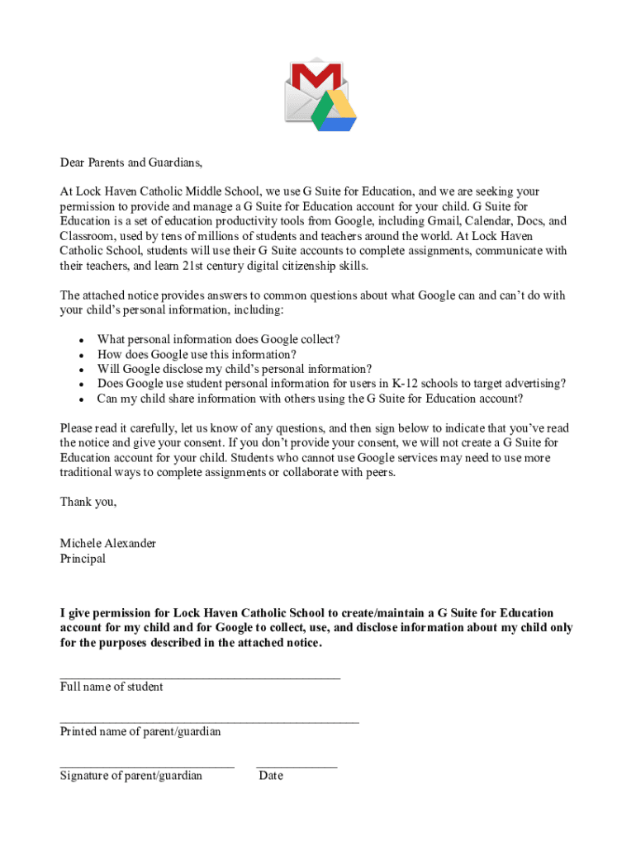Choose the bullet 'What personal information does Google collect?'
(218, 339)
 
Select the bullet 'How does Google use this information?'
(197, 354)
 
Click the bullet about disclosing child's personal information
(234, 369)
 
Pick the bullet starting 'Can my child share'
(310, 399)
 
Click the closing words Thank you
(88, 502)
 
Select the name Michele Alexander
(107, 543)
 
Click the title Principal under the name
(83, 558)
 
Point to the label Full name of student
(112, 687)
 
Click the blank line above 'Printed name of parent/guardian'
(209, 721)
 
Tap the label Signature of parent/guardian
(131, 776)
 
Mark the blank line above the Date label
(297, 767)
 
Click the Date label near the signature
(271, 776)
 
